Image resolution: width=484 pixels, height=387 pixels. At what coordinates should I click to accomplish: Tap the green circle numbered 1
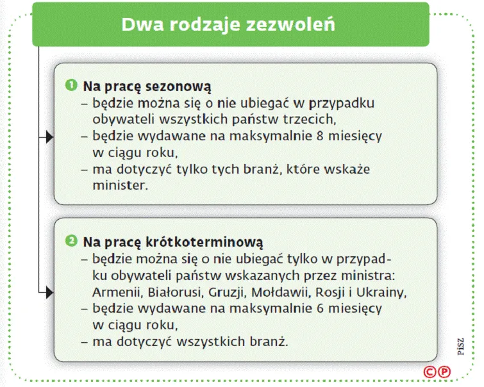tap(72, 85)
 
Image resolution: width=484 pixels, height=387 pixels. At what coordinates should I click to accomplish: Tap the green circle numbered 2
tap(72, 242)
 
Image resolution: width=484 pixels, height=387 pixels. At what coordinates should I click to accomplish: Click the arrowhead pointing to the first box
tap(49, 136)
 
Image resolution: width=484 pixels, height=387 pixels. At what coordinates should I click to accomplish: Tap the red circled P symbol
tap(444, 371)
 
